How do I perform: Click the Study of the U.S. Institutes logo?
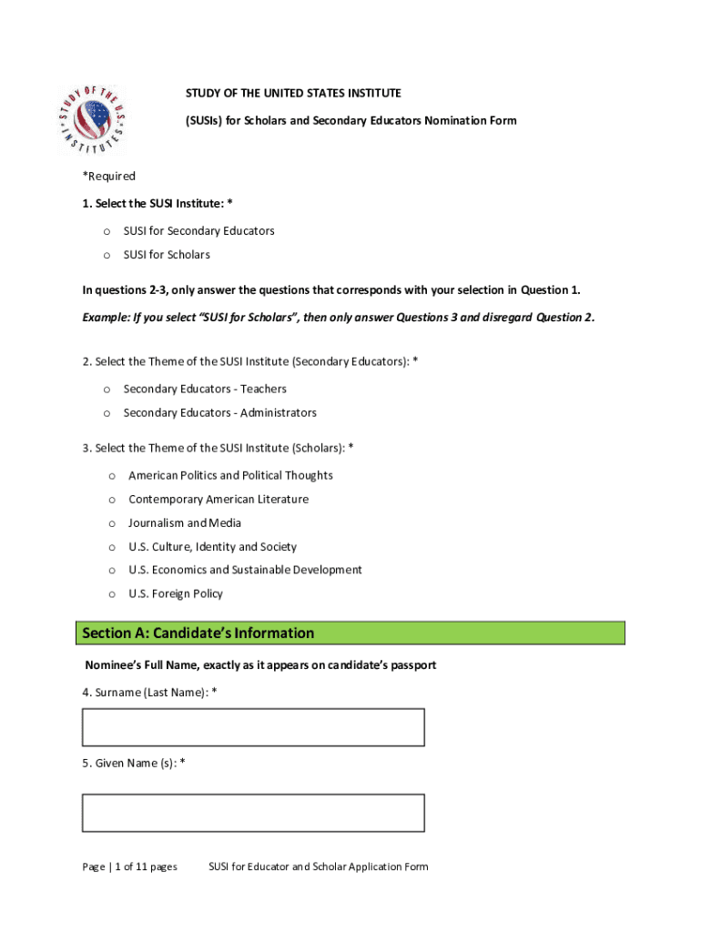[91, 118]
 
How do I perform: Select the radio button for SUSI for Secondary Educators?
[107, 231]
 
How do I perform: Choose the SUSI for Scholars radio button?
[107, 255]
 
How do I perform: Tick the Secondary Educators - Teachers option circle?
[107, 390]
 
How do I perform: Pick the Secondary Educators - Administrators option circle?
[107, 413]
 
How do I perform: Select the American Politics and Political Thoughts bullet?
[112, 476]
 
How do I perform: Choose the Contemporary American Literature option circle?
[112, 500]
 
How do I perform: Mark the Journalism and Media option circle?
[112, 523]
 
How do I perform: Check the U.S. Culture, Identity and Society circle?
[112, 547]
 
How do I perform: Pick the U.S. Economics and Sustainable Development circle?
[112, 571]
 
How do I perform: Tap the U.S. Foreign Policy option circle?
[112, 594]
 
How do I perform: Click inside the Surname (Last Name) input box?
[253, 727]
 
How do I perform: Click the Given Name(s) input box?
[253, 813]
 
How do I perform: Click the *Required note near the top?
[109, 177]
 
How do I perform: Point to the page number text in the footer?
[129, 866]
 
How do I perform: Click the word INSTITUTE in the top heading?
[371, 94]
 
